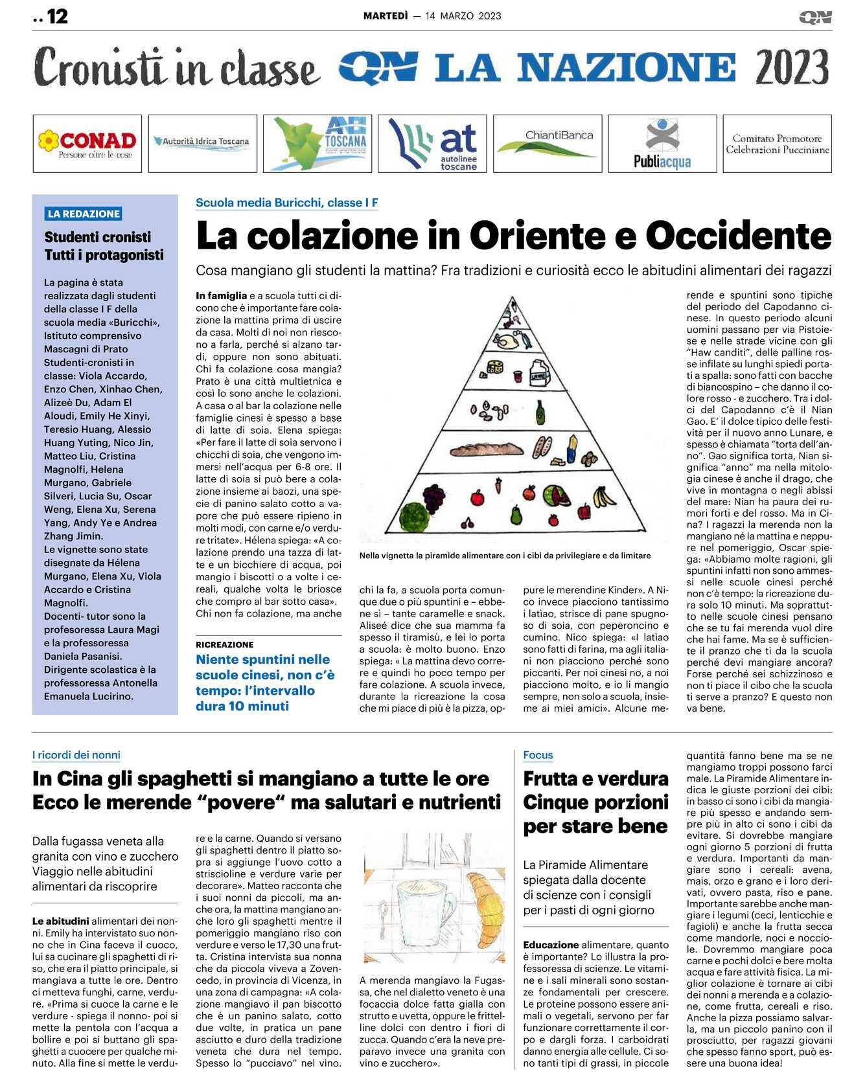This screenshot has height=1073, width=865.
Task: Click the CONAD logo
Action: [x=87, y=144]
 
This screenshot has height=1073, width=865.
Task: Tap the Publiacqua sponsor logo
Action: [x=662, y=144]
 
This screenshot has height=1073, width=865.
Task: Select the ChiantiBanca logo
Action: [x=548, y=143]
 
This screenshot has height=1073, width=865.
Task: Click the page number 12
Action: [x=57, y=16]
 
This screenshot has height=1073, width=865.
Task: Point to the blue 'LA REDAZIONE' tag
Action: [x=84, y=214]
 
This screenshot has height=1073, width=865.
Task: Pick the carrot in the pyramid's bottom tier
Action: [x=498, y=484]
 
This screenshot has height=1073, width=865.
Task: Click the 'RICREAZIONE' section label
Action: [x=224, y=644]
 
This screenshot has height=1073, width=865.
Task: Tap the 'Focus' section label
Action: [x=538, y=754]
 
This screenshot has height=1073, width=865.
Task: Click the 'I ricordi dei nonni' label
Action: [x=76, y=754]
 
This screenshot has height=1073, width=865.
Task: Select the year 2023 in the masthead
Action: [x=792, y=67]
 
